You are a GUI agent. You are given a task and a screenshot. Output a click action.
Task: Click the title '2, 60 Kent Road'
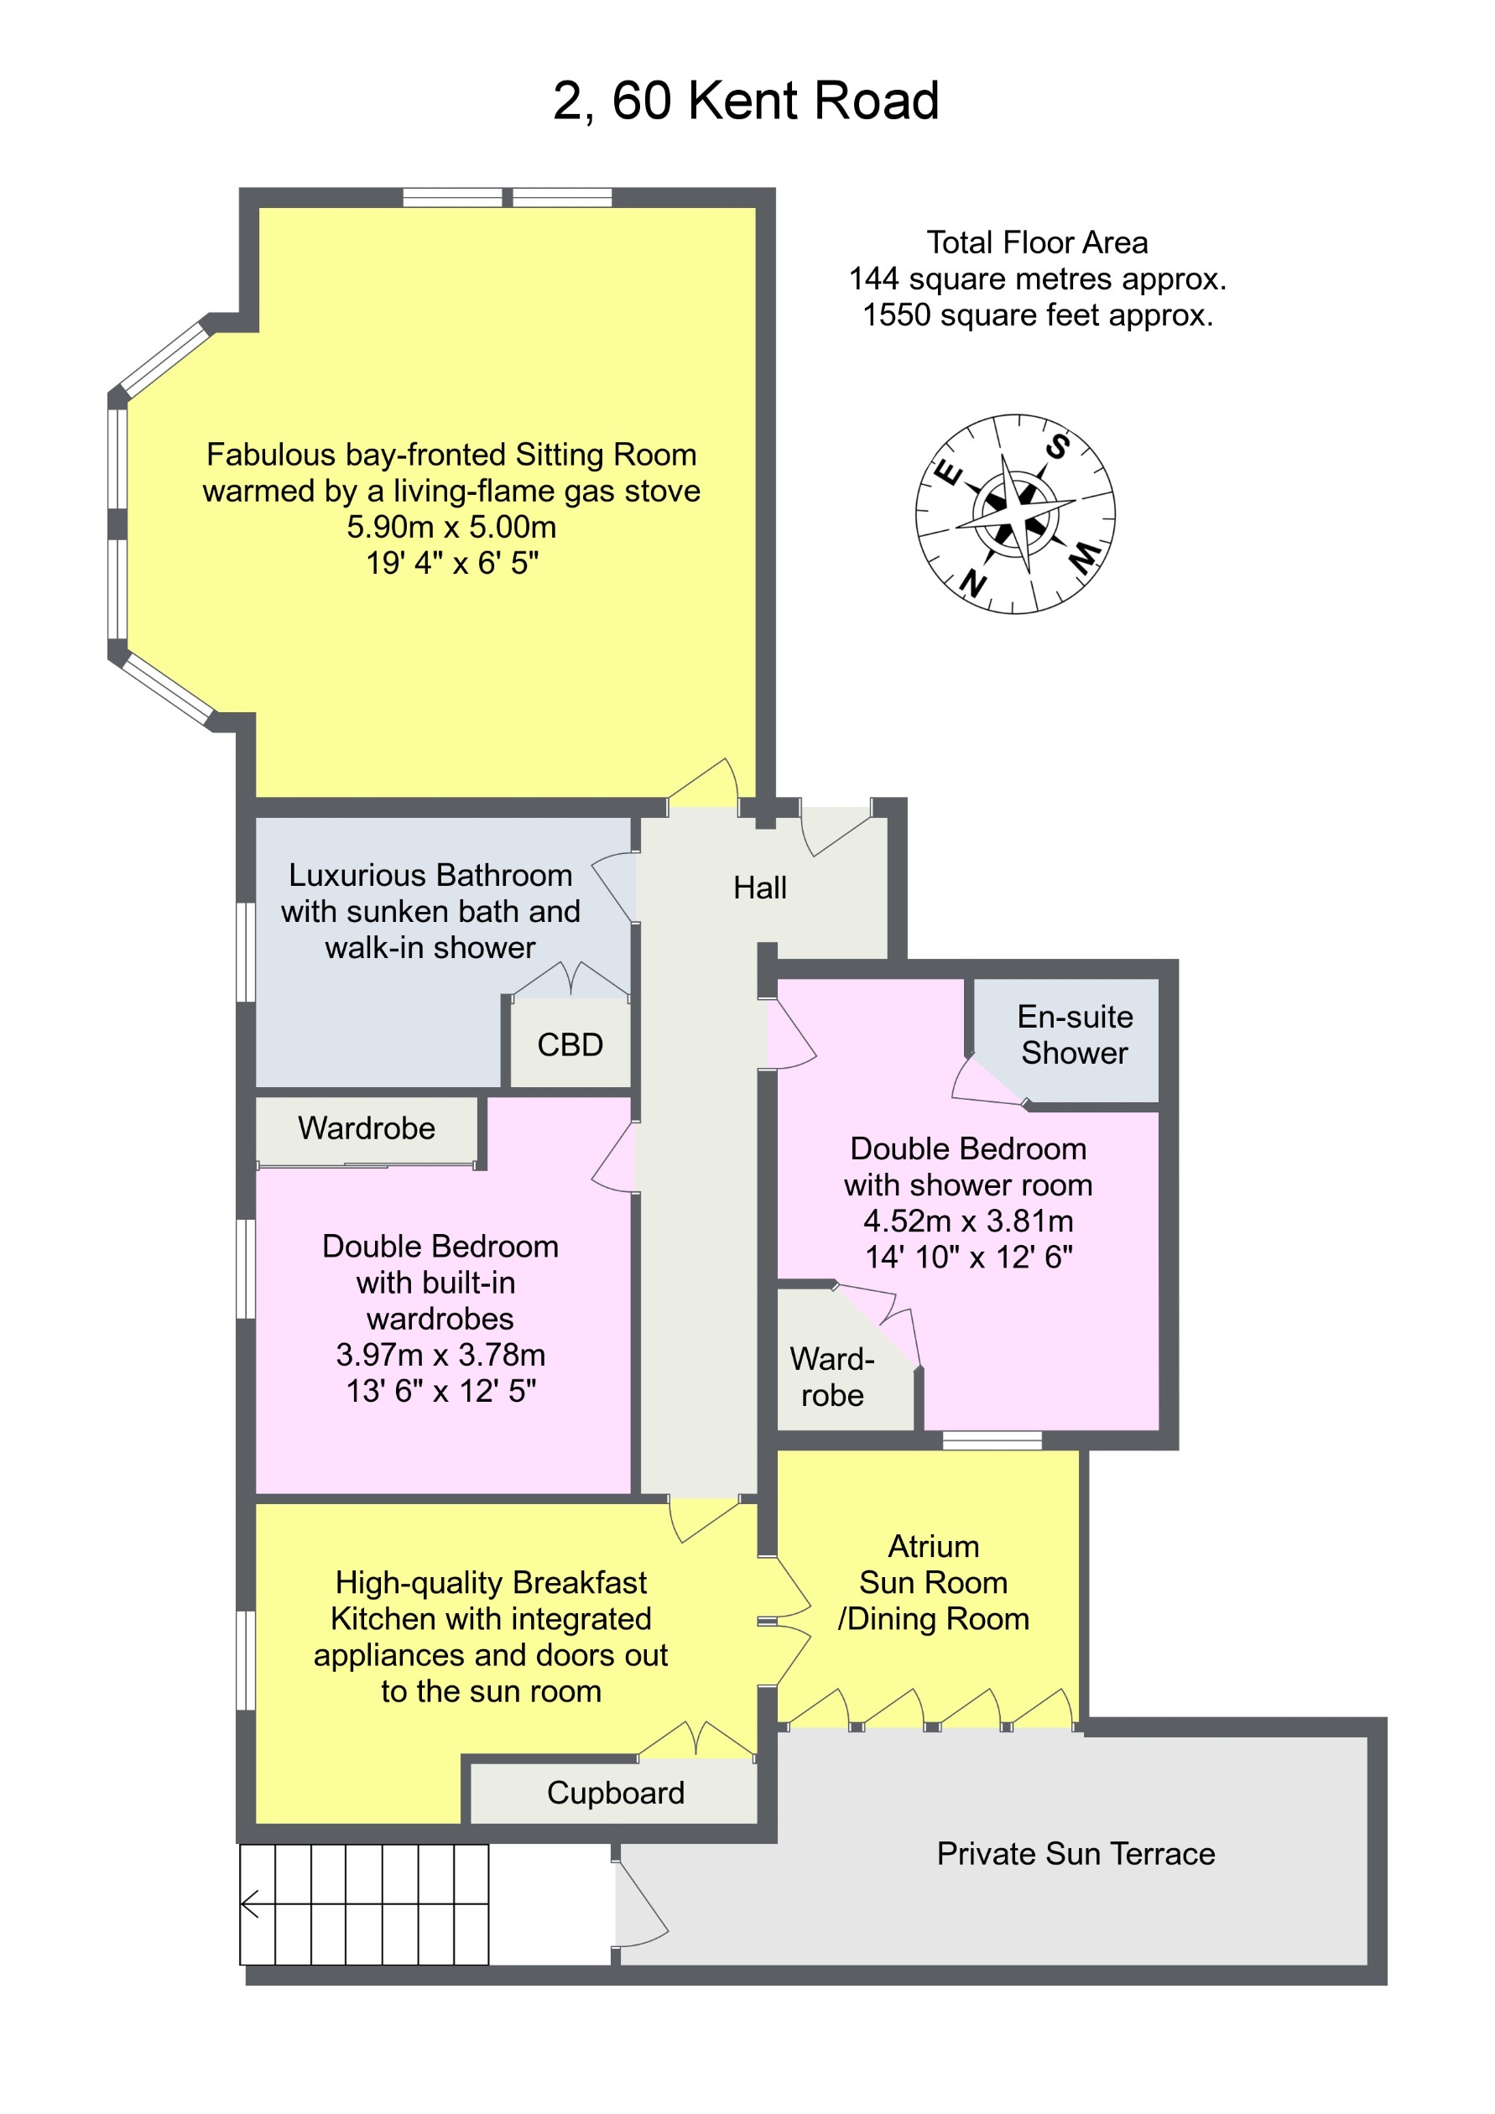[x=746, y=101]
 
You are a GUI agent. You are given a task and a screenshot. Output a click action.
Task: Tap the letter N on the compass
[x=972, y=583]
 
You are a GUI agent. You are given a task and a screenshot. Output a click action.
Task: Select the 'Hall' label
[x=759, y=888]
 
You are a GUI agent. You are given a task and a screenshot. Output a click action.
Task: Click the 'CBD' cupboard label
[x=570, y=1045]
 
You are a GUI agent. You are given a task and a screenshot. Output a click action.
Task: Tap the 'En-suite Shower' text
[x=1075, y=1035]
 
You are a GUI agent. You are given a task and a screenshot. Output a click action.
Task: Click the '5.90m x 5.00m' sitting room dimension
[x=451, y=527]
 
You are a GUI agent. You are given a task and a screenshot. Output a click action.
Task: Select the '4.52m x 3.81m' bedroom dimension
[x=967, y=1221]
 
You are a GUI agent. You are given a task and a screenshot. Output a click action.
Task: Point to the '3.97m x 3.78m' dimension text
[x=440, y=1355]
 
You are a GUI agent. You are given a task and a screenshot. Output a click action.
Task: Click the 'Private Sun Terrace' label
[x=1076, y=1853]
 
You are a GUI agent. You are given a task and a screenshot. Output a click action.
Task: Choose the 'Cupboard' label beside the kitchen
[x=615, y=1793]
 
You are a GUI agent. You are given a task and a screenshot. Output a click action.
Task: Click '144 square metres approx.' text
[x=1037, y=278]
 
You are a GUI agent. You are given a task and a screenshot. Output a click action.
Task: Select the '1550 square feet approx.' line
[x=1037, y=315]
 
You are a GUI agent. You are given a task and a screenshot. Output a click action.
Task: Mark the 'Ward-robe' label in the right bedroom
[x=832, y=1377]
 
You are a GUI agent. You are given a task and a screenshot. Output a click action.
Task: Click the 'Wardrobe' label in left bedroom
[x=367, y=1128]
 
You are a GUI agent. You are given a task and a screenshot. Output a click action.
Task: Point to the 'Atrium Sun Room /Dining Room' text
[x=933, y=1582]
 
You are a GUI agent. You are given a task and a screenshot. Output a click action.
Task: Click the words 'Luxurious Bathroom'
[x=430, y=875]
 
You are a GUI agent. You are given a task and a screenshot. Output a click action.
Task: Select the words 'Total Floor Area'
[x=1037, y=242]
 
